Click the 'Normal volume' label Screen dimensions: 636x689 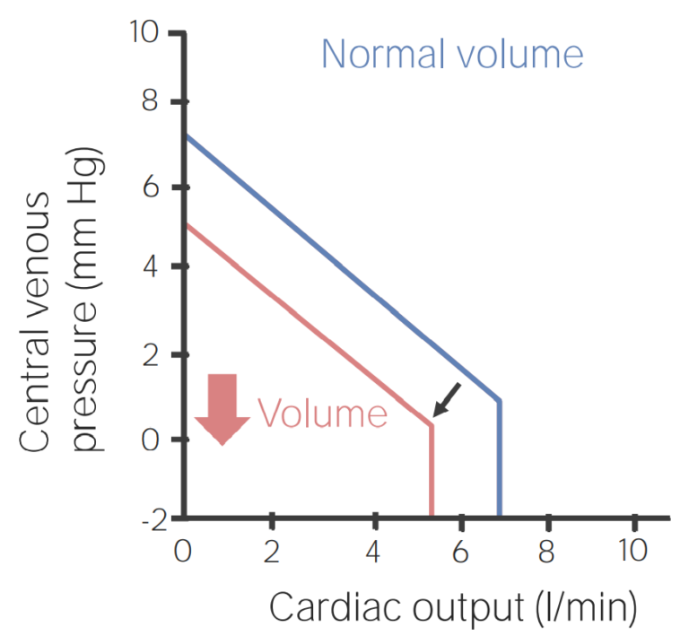click(x=452, y=55)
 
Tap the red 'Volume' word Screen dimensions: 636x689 click(x=322, y=414)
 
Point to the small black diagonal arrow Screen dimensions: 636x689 click(x=447, y=399)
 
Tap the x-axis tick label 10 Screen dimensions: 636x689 click(x=633, y=551)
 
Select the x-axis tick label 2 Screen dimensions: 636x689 click(x=271, y=551)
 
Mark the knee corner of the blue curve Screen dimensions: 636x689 click(x=499, y=400)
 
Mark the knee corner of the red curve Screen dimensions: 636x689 click(x=432, y=423)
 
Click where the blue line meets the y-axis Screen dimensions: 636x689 click(x=186, y=135)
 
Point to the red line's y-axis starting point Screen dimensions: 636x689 click(x=186, y=224)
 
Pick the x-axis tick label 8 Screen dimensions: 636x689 click(x=545, y=551)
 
